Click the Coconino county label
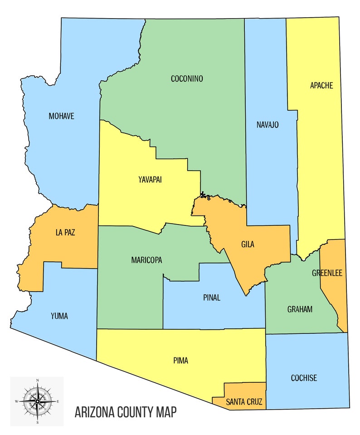coord(187,79)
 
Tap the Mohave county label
coord(61,116)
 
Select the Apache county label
coord(321,85)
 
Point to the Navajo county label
coord(267,125)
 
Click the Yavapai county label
coord(150,180)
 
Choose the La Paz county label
coord(65,233)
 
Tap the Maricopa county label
coord(146,260)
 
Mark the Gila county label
coord(248,244)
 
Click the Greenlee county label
coord(327,273)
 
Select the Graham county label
coord(300,309)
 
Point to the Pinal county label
coord(212,298)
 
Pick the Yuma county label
coord(59,316)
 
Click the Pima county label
coord(180,361)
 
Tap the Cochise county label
coord(303,378)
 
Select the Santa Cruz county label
coord(244,401)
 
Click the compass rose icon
coord(37,401)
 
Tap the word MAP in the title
coord(165,413)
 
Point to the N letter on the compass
coord(37,380)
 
